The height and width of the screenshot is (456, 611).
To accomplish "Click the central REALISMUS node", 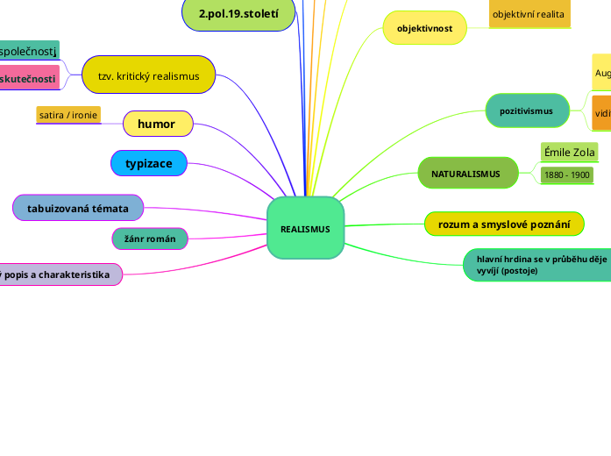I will tap(305, 228).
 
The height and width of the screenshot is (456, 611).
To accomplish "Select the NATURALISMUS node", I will tap(465, 174).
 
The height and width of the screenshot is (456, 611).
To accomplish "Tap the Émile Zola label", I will tap(570, 153).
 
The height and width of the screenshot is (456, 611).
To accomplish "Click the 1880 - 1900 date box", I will tap(566, 175).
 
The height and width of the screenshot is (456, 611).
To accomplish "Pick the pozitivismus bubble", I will tap(526, 111).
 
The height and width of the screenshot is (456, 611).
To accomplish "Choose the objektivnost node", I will tap(424, 28).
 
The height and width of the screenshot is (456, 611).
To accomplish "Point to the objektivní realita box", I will tap(529, 14).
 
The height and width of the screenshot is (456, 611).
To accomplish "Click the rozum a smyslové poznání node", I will tap(504, 224).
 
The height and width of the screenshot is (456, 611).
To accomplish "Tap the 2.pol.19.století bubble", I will tap(238, 14).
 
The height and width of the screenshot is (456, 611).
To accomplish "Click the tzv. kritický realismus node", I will tap(149, 75).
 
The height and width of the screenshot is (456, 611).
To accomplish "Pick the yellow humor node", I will tap(158, 124).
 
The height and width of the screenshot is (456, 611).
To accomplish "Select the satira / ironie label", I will tap(68, 115).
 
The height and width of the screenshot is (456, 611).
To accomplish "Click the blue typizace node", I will tap(148, 163).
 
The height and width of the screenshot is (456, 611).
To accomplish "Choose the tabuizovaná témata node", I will tap(78, 208).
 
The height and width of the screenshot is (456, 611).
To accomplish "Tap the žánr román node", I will tap(150, 238).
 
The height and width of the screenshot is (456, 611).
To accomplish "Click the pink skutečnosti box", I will tap(29, 79).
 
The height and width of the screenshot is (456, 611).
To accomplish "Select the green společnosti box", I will tap(29, 53).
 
